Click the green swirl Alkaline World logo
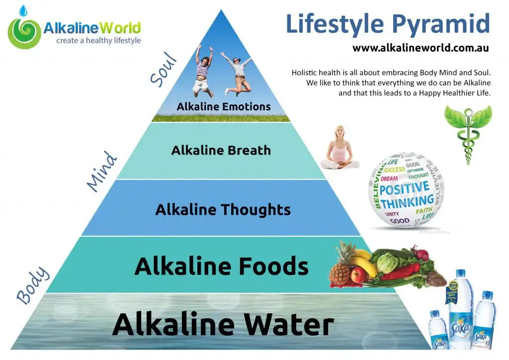pos(24,33)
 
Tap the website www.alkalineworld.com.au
pos(421,48)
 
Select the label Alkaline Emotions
pos(224,106)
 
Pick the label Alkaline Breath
pos(221,150)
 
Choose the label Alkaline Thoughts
pos(223,209)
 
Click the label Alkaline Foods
pos(221,267)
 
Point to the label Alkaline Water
pos(223,324)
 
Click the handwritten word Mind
pos(101,172)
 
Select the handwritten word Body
pos(33,285)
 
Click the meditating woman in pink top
pos(340,148)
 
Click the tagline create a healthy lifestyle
pos(98,41)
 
